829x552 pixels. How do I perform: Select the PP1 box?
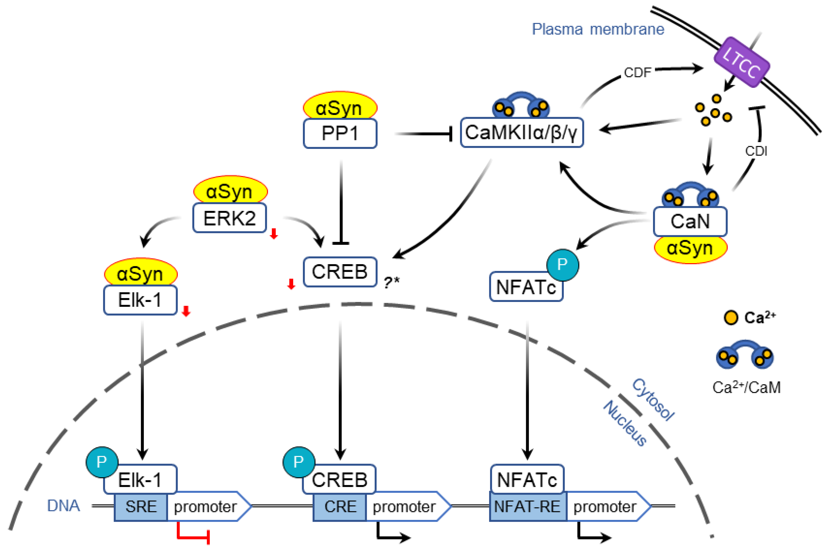340,134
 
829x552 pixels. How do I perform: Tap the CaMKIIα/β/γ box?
522,133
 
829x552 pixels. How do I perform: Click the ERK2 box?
230,218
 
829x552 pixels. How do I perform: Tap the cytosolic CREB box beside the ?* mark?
340,272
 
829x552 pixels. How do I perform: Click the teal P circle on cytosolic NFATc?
562,265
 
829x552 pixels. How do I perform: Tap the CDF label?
637,73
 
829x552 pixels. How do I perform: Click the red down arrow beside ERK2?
274,234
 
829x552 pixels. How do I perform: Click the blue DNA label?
63,506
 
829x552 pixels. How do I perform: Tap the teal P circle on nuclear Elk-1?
102,462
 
